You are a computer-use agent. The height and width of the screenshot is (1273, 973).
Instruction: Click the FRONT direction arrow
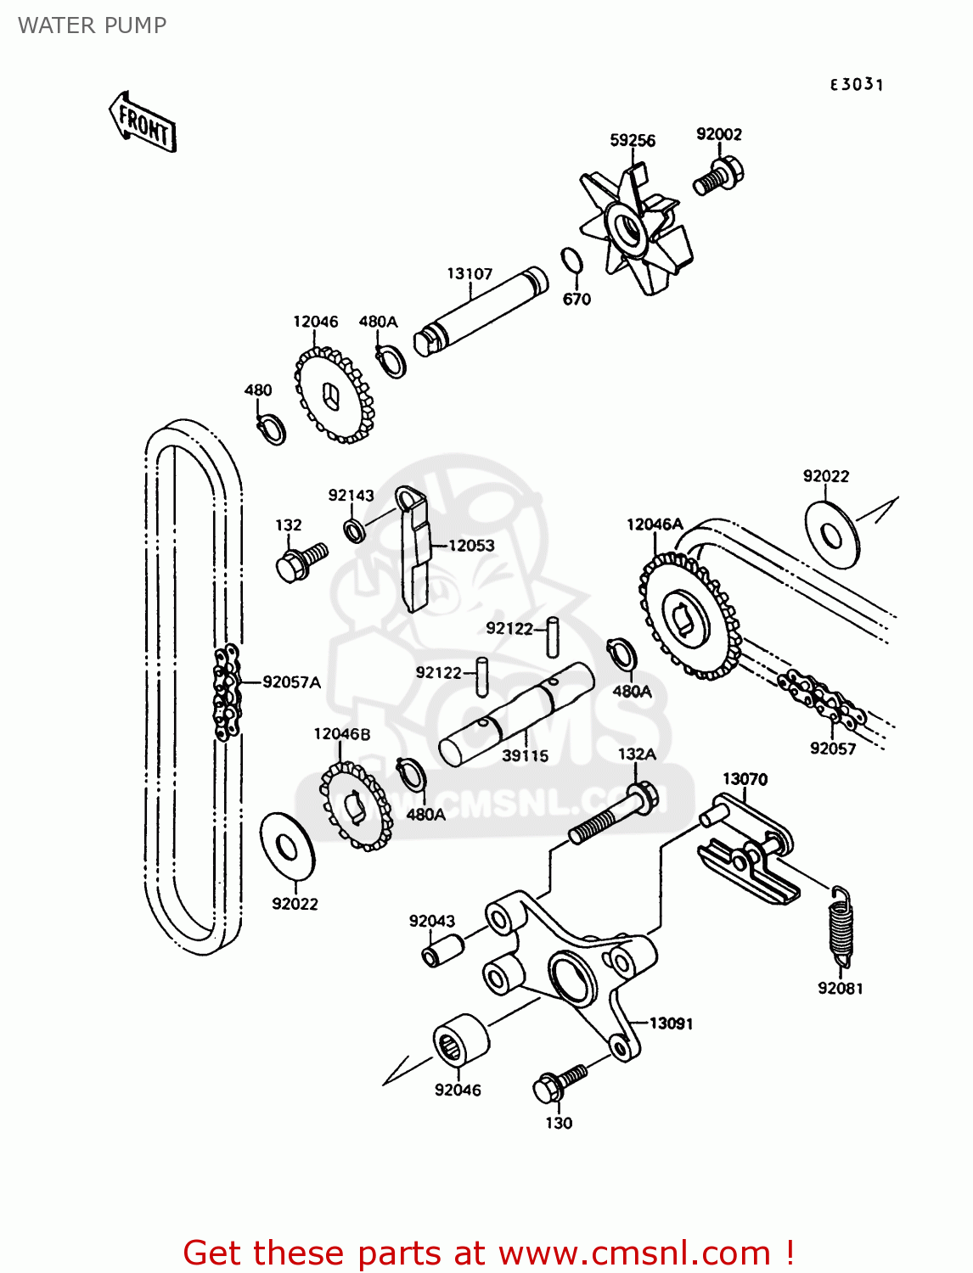point(142,123)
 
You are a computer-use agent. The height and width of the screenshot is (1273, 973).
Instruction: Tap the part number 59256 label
point(633,140)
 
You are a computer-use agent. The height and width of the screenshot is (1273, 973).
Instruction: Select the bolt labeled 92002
point(718,176)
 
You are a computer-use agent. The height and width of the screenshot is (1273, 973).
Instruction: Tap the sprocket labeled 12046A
point(689,616)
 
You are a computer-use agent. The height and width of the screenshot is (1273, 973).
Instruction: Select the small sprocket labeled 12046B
point(356,806)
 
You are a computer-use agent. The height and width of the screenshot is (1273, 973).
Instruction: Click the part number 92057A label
point(291,681)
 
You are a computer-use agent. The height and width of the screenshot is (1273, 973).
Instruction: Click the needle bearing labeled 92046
point(461,1040)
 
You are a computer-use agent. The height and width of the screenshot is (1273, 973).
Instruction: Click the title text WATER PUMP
point(92,25)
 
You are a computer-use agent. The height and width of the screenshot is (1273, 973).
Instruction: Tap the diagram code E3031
point(857,84)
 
